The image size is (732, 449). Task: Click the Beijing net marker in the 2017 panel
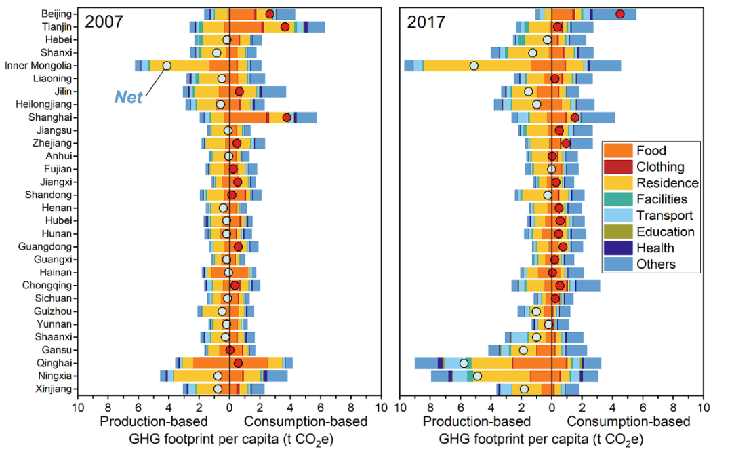click(619, 14)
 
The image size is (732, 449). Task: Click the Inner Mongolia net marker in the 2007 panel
click(167, 66)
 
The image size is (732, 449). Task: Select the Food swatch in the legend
click(618, 151)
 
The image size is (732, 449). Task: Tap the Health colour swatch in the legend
click(618, 248)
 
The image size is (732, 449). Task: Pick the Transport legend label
click(664, 216)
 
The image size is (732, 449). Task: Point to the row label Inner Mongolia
click(38, 66)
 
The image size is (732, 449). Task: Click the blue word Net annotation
click(128, 98)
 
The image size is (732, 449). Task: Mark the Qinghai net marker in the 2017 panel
click(464, 363)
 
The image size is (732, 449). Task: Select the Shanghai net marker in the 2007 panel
click(287, 117)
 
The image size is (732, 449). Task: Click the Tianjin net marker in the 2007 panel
click(285, 27)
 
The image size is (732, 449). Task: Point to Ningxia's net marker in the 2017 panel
click(477, 376)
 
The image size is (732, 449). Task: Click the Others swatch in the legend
click(618, 265)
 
